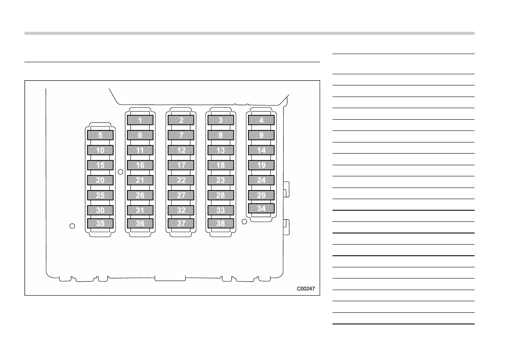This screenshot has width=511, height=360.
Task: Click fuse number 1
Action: coord(140,120)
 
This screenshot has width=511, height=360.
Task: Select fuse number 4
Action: coord(261,120)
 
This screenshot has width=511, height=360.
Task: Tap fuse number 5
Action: coord(100,135)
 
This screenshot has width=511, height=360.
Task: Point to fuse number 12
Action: coord(181,150)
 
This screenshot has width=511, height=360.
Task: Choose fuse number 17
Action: coord(181,165)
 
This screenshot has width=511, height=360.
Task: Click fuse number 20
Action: coord(100,180)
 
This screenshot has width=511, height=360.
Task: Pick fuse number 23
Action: coord(221,180)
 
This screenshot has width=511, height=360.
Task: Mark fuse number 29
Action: coord(261,195)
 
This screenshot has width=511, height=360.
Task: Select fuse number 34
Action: coord(261,209)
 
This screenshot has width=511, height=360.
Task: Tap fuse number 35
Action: coord(100,223)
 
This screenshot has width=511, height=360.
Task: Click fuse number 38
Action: coord(221,223)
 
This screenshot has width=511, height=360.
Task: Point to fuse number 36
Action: coord(140,223)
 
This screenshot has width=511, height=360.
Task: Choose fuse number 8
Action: coord(221,135)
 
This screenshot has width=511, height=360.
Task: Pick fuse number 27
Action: coord(181,195)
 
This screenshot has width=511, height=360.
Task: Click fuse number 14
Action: coord(261,150)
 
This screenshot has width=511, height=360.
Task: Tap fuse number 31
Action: coord(140,210)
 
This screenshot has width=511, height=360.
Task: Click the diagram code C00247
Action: coord(306,289)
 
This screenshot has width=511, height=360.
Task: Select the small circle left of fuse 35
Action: coord(73,226)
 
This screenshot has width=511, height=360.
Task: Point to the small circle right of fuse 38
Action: coord(245,222)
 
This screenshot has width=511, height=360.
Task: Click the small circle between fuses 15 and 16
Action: coord(121,172)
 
